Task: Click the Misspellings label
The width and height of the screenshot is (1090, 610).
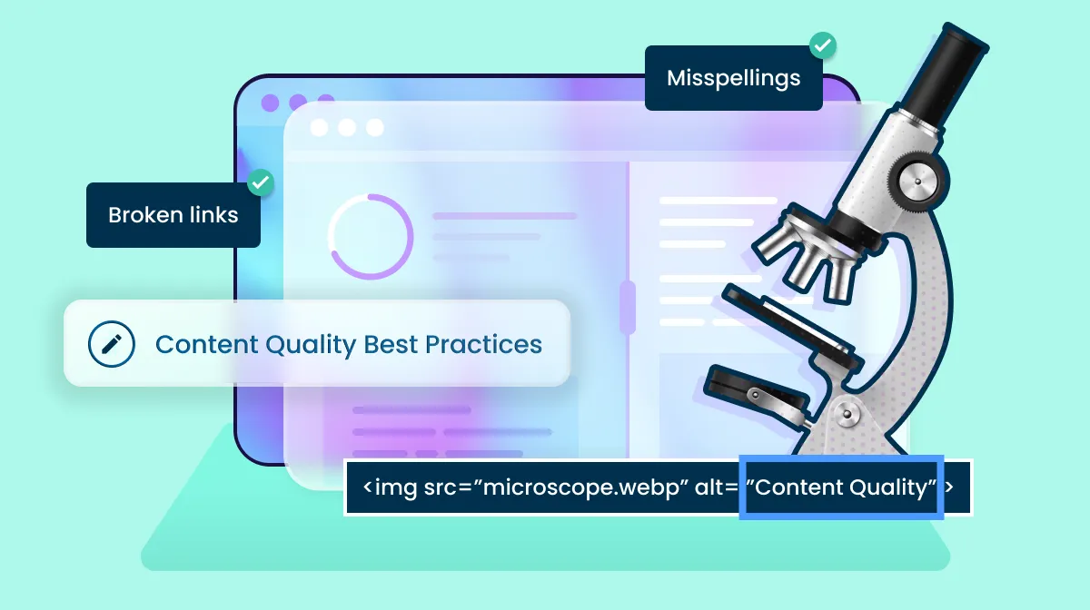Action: click(733, 78)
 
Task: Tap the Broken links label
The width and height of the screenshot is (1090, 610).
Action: click(173, 215)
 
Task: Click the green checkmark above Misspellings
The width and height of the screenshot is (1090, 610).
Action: click(823, 45)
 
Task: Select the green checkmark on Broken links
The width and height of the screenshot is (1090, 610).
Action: click(261, 182)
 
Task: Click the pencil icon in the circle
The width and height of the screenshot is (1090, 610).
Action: click(112, 344)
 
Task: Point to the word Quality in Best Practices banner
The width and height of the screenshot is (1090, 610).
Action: click(311, 345)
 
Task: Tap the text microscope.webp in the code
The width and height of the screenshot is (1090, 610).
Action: click(580, 487)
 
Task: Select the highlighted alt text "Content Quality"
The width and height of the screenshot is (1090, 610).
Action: click(841, 487)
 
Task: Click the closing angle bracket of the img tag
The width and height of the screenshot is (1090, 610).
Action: click(949, 487)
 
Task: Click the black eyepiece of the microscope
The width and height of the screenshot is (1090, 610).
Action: click(943, 72)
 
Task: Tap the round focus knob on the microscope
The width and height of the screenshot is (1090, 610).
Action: click(917, 182)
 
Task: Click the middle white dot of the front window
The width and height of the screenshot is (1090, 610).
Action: click(347, 127)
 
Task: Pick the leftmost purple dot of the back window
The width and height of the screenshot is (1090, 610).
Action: click(270, 103)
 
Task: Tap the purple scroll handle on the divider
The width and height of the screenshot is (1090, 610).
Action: click(628, 308)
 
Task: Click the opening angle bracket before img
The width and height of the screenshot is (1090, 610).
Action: click(368, 487)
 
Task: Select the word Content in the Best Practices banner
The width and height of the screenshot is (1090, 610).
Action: click(206, 344)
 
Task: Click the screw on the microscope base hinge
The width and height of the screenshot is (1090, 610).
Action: click(847, 415)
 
